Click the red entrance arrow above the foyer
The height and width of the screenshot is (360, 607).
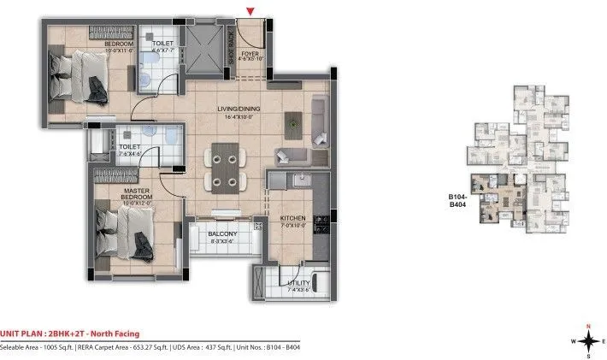pos(249,10)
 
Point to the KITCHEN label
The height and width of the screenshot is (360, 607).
pos(292,219)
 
